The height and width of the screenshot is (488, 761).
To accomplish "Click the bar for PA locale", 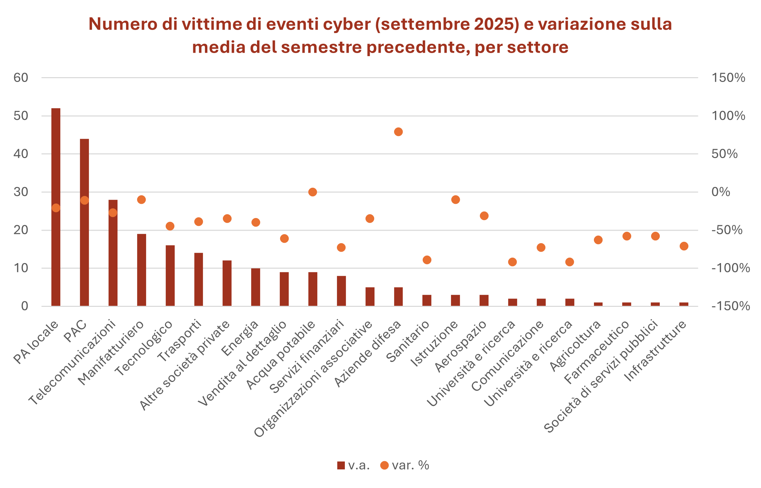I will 56,207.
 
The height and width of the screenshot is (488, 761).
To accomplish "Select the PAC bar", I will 84,222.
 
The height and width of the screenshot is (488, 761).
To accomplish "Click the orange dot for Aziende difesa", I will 398,132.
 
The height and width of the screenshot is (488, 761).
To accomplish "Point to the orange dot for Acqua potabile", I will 312,192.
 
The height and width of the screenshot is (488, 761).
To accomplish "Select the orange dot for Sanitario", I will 427,260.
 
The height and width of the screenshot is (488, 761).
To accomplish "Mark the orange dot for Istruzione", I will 455,200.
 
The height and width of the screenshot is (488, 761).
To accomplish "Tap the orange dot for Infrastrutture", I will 684,246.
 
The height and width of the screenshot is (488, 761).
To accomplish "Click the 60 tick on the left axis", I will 21,78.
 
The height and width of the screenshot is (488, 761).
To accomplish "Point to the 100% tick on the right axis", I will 728,116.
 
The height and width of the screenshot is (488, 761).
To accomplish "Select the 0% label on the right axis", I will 721,192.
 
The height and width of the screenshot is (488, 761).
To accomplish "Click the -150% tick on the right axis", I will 730,306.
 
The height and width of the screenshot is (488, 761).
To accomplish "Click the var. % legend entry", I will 405,466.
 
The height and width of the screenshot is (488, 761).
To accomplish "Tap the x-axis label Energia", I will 240,339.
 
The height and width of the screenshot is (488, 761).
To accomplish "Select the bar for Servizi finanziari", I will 341,291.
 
